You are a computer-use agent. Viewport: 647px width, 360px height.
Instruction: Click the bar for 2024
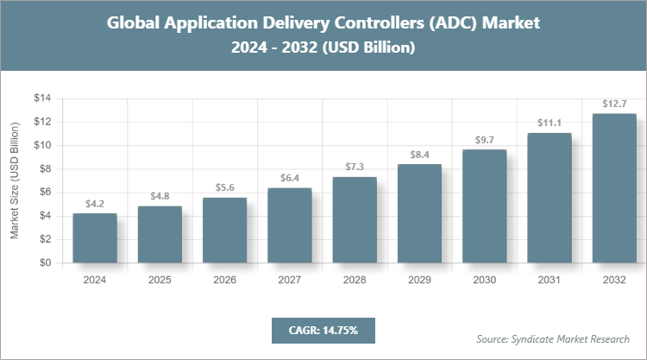tap(95, 238)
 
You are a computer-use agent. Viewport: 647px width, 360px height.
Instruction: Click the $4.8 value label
tap(160, 197)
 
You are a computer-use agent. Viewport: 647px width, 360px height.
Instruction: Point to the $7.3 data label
tap(355, 167)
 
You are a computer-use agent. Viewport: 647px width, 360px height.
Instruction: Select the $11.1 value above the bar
tap(550, 123)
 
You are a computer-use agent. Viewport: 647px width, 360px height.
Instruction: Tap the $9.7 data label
tap(484, 139)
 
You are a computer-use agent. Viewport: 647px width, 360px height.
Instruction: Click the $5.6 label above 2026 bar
tap(224, 187)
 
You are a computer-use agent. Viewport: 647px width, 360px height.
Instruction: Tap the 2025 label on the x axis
tap(160, 280)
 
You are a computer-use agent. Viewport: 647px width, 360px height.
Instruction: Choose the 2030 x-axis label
tap(484, 280)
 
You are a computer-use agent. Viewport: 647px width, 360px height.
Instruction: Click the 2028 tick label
tap(355, 280)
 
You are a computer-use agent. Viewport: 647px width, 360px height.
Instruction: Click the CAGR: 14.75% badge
tap(323, 330)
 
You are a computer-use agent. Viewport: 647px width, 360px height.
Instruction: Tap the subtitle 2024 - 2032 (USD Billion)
tap(323, 48)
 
